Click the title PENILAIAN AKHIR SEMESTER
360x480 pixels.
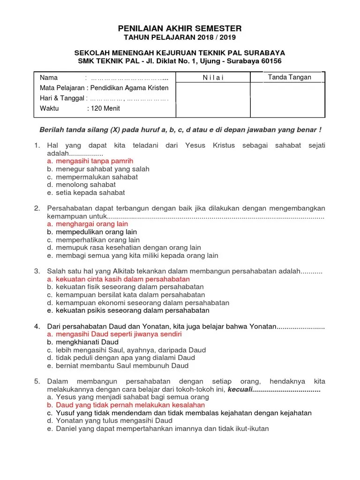180,29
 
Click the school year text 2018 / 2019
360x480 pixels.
217,37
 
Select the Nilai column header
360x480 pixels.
213,78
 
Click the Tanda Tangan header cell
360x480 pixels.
289,77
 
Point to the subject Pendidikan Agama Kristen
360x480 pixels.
129,88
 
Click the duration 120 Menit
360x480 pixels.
105,108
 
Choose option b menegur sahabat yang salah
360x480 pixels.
102,169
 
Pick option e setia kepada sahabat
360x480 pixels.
90,193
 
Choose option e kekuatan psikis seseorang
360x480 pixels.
132,310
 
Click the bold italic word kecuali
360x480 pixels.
240,390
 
